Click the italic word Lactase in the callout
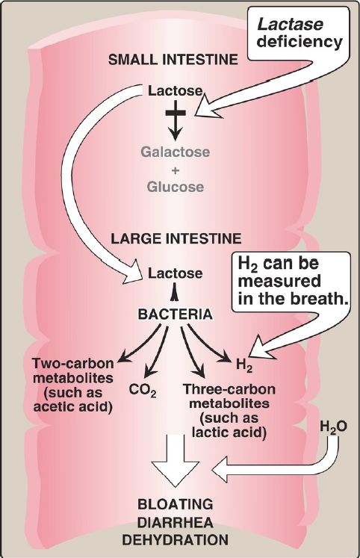(290, 25)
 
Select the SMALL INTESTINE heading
(173, 60)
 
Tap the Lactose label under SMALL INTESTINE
(175, 91)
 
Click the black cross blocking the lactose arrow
(176, 113)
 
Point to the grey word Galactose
(176, 152)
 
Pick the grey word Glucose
(176, 187)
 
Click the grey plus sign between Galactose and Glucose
(176, 170)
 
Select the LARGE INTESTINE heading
(176, 238)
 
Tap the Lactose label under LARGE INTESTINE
(175, 273)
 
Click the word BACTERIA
(175, 314)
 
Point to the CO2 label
(143, 391)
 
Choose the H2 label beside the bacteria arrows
(244, 365)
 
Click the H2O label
(333, 427)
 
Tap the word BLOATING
(176, 504)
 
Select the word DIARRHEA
(176, 523)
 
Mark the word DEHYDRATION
(176, 540)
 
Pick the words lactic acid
(229, 432)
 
